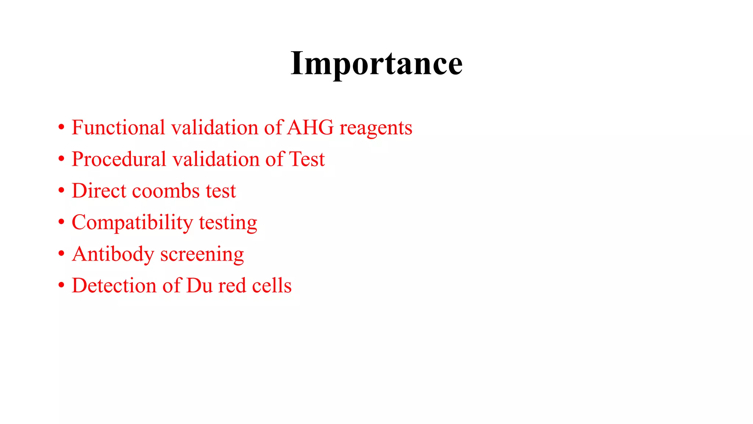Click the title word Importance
click(376, 64)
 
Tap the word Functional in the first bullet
click(118, 128)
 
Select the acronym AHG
click(310, 128)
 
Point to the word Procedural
click(119, 159)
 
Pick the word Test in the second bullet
click(307, 159)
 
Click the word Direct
click(99, 191)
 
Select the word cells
click(272, 286)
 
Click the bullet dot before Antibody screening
click(61, 254)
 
